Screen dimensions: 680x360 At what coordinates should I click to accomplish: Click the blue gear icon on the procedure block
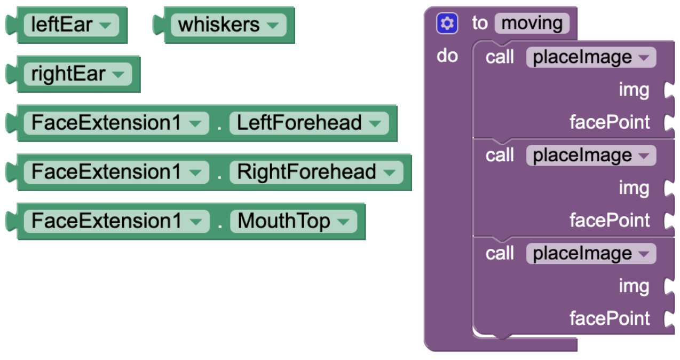[x=447, y=23]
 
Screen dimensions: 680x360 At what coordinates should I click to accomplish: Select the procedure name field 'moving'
[x=532, y=23]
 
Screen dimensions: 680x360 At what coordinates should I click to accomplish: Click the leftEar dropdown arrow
[x=105, y=25]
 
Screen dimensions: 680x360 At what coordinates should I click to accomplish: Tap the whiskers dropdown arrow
[x=273, y=25]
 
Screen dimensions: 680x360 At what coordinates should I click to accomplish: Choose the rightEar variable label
[x=68, y=74]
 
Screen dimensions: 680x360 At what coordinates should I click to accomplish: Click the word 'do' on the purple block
[x=447, y=56]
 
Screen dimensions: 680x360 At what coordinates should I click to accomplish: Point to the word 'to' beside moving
[x=480, y=23]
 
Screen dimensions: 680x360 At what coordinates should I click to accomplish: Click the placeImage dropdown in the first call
[x=591, y=57]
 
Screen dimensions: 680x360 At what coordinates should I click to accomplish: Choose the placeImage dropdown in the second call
[x=591, y=155]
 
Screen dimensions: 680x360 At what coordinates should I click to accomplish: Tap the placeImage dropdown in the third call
[x=591, y=254]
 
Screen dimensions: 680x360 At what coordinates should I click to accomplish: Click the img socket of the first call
[x=668, y=90]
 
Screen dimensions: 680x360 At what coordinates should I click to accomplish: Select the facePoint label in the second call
[x=610, y=220]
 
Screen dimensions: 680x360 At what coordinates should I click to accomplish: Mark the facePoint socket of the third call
[x=668, y=319]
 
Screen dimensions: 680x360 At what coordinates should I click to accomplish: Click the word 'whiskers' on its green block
[x=219, y=25]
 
